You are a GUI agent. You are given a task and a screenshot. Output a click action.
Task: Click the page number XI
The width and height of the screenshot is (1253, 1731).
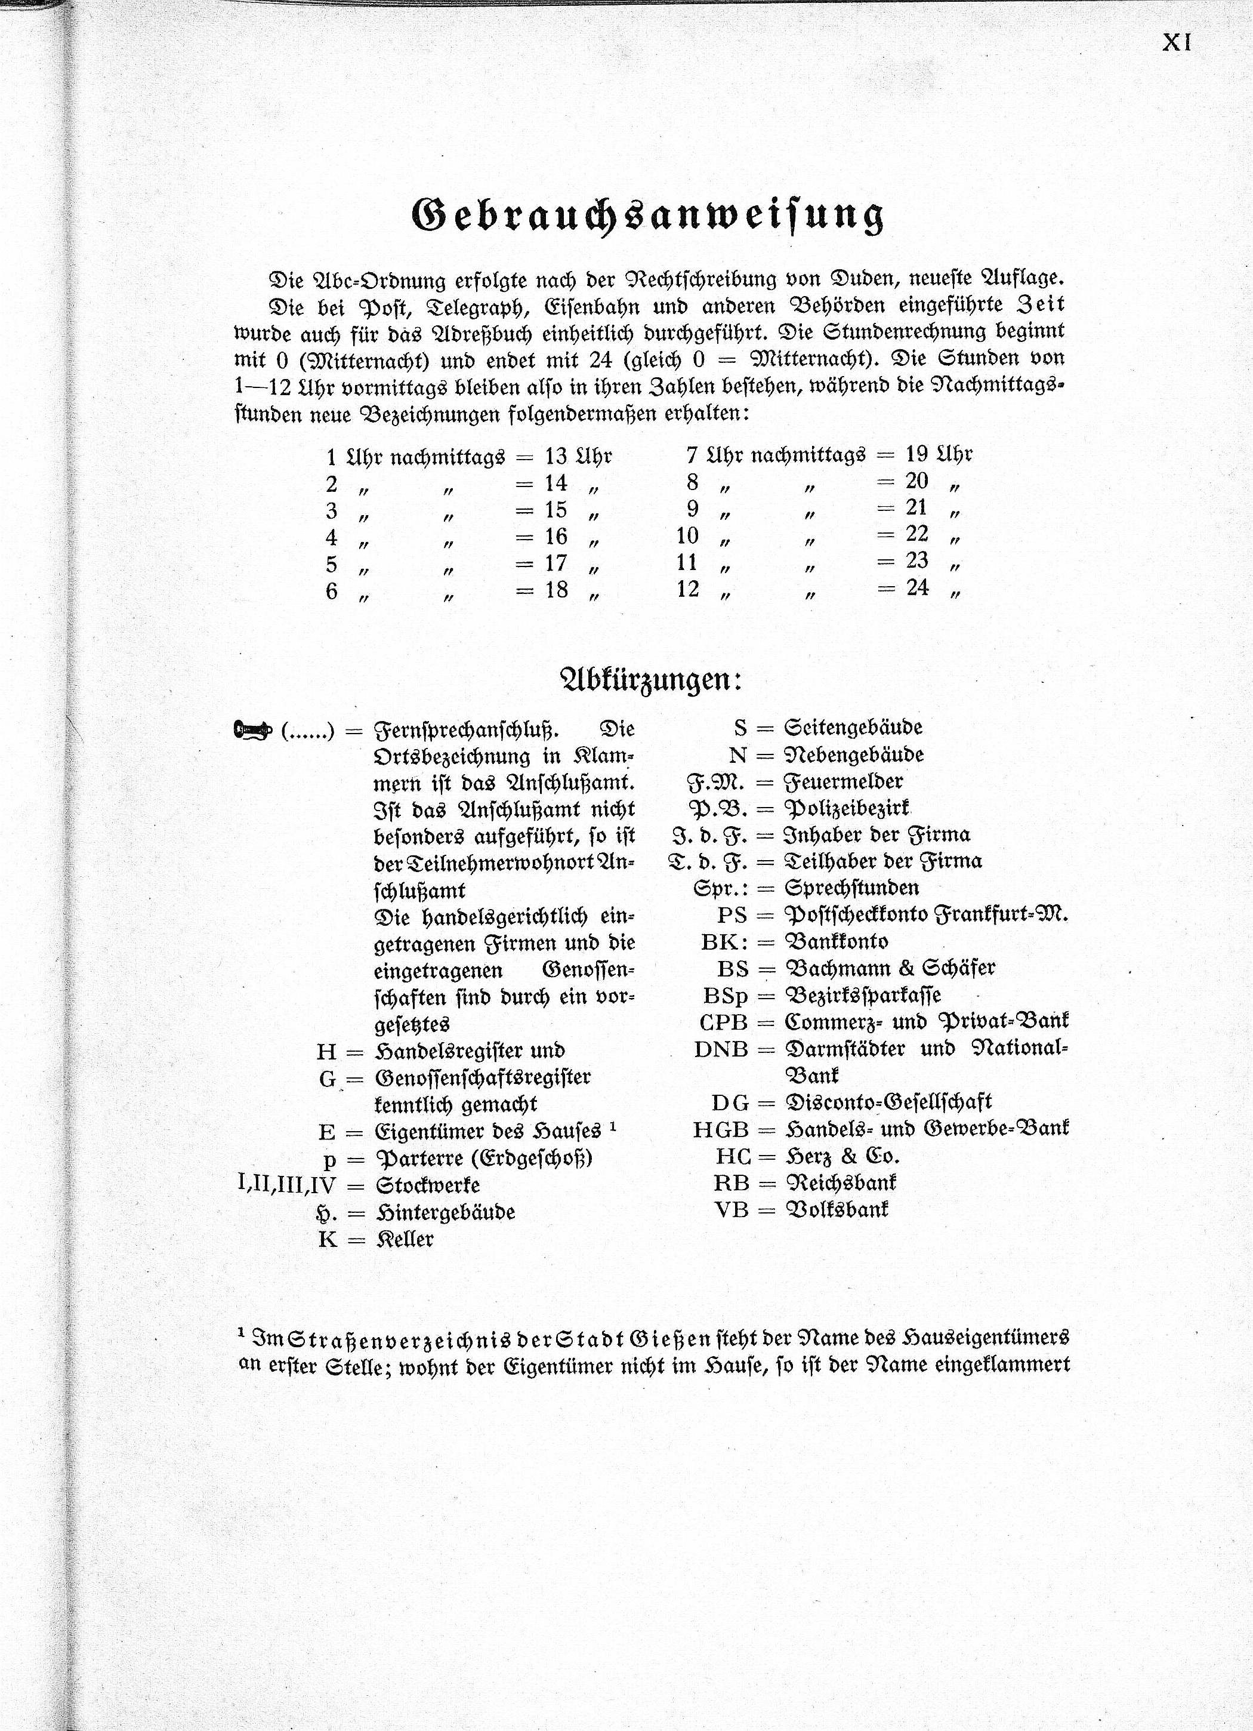click(x=1176, y=43)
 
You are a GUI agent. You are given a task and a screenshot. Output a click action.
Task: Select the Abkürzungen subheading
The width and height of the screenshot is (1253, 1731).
click(x=651, y=679)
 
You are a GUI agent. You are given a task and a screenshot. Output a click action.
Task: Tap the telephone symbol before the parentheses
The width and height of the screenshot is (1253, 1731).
click(x=252, y=731)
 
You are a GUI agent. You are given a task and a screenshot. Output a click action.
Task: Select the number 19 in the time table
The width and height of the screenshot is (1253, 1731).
click(x=916, y=454)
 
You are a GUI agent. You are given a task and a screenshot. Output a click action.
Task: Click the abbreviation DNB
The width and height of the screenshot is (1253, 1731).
click(x=720, y=1049)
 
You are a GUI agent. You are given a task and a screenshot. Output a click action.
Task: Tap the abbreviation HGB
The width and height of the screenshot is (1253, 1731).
click(x=720, y=1129)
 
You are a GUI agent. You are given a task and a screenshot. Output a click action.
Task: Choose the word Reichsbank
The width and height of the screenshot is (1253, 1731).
click(x=841, y=1182)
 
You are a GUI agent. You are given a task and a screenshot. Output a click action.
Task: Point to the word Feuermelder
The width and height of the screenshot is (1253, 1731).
click(x=844, y=781)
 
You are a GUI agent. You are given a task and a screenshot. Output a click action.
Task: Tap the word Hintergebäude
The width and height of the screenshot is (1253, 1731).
click(x=446, y=1212)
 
